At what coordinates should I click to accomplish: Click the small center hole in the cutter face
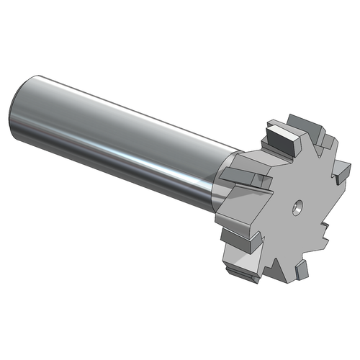pos(295,207)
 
